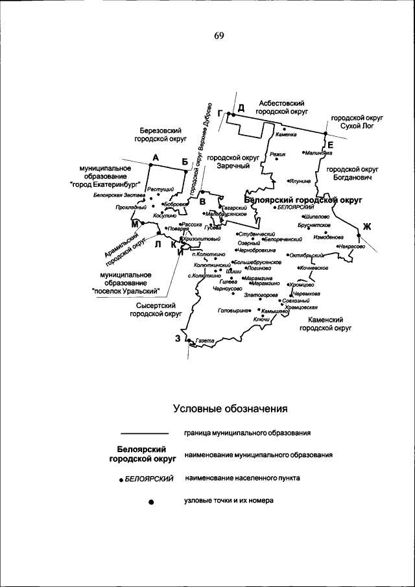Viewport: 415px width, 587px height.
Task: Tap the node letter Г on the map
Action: click(x=220, y=114)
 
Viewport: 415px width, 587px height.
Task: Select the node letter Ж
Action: click(x=366, y=226)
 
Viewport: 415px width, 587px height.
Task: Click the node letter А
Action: click(x=156, y=158)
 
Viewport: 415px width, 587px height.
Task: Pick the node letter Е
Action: click(x=330, y=144)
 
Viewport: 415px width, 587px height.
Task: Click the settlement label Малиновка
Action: click(x=318, y=154)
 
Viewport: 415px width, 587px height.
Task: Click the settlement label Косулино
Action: click(x=165, y=215)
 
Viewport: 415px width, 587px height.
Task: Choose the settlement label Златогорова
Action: click(x=261, y=294)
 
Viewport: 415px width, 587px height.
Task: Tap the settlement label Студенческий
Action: click(x=257, y=234)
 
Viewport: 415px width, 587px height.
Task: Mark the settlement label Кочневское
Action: click(x=313, y=268)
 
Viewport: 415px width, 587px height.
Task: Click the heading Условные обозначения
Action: click(x=230, y=409)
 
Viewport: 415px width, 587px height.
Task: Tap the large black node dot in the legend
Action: click(x=150, y=502)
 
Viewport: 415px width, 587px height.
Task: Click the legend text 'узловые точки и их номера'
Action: click(x=230, y=501)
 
